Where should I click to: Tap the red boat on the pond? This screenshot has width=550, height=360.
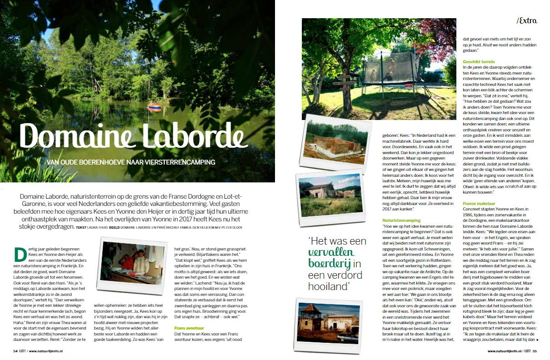[154, 107]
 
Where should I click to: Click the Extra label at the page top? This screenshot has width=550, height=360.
[527, 20]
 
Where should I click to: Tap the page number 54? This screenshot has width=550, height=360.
[15, 351]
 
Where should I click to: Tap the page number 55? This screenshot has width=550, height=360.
[535, 351]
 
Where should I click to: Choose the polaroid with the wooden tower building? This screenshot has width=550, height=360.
[325, 322]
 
